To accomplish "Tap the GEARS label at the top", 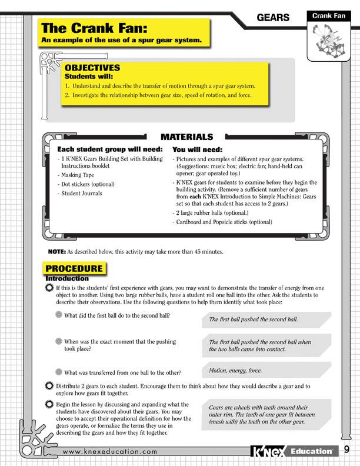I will click(274, 18).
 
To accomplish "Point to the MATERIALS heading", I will click(183, 137).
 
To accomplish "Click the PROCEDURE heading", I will click(75, 269).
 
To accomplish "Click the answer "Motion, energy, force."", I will click(235, 371).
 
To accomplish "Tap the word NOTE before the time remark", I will click(56, 251).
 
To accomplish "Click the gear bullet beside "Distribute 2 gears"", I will click(49, 386).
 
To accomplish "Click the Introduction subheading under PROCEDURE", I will click(67, 278).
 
